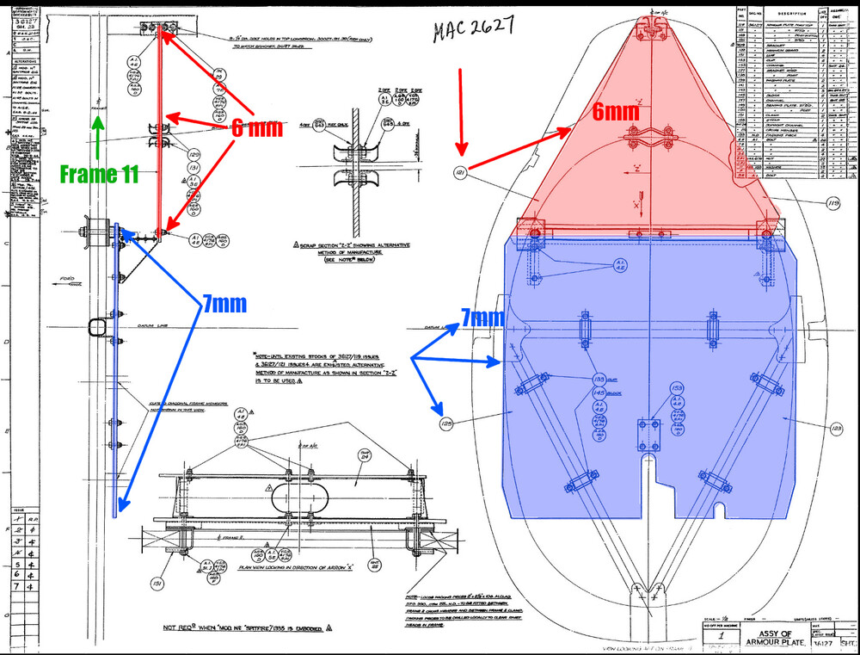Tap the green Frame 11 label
[99, 175]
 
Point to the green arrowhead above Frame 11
[99, 122]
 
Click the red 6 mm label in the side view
[255, 127]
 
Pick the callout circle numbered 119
[832, 203]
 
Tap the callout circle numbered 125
[446, 423]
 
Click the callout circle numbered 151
[157, 584]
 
